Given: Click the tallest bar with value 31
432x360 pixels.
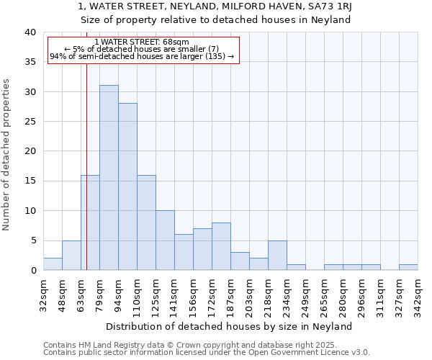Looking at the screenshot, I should (109, 177).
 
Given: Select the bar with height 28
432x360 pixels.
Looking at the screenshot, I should (127, 186).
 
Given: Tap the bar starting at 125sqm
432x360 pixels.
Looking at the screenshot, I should (165, 240).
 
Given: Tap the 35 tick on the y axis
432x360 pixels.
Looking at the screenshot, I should (30, 62).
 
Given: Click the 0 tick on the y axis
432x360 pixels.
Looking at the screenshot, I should (33, 270).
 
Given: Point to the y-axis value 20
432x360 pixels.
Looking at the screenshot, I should (30, 151).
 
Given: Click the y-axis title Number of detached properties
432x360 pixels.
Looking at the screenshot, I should (6, 165).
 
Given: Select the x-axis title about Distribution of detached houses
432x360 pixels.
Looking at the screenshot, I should (234, 326).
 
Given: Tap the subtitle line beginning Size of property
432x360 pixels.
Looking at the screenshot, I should (215, 19).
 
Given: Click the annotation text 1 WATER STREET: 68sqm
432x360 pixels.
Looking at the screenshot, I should (142, 42).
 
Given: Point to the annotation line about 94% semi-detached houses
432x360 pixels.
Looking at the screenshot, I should (142, 56).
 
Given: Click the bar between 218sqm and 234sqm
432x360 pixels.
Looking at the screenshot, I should (277, 255).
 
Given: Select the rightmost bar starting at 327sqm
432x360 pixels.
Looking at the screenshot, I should (408, 267).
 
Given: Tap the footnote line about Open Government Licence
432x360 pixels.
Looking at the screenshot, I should (206, 353).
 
